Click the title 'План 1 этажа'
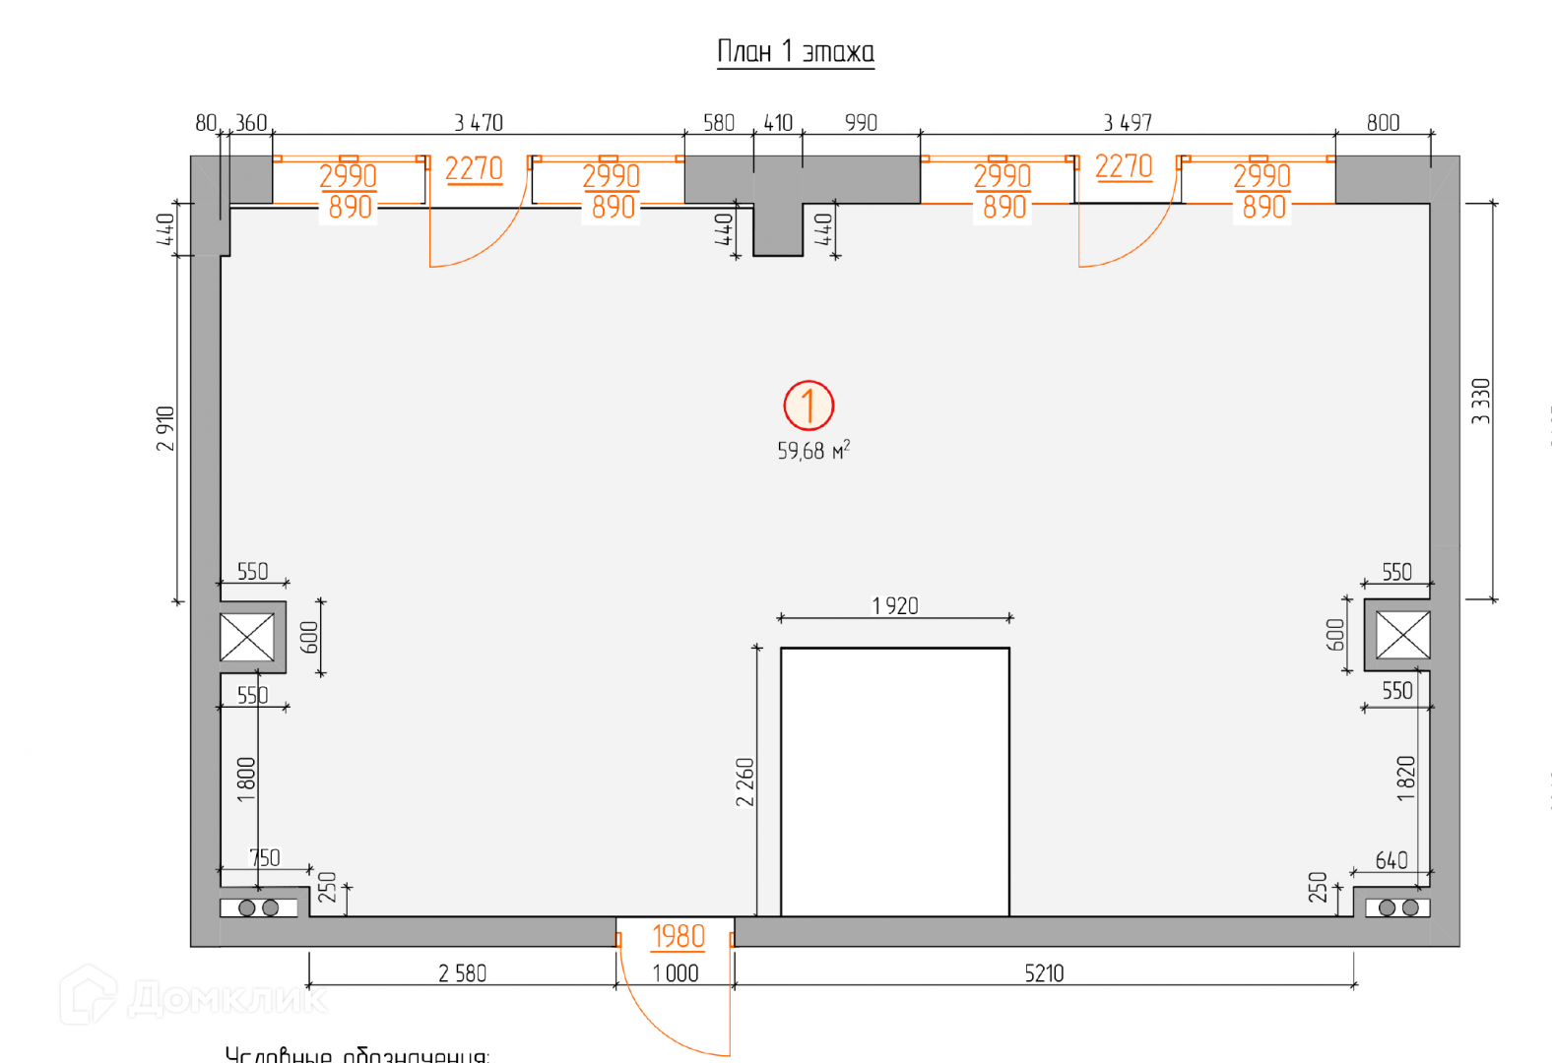[795, 51]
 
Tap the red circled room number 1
[808, 406]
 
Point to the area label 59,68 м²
[812, 451]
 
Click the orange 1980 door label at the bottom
[679, 936]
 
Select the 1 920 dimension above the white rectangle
[895, 606]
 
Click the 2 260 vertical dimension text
[745, 782]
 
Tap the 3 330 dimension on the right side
[1481, 401]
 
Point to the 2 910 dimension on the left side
[165, 428]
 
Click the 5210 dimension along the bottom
[1044, 973]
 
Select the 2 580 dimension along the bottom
[463, 973]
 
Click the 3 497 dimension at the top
[1128, 123]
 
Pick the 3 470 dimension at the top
[479, 123]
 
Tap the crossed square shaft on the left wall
[247, 637]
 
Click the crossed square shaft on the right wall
[1402, 635]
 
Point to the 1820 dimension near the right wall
[1406, 779]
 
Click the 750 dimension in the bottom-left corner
[265, 858]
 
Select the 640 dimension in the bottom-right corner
[1391, 861]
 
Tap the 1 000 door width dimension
[676, 973]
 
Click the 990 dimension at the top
[861, 123]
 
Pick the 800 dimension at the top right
[1383, 123]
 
